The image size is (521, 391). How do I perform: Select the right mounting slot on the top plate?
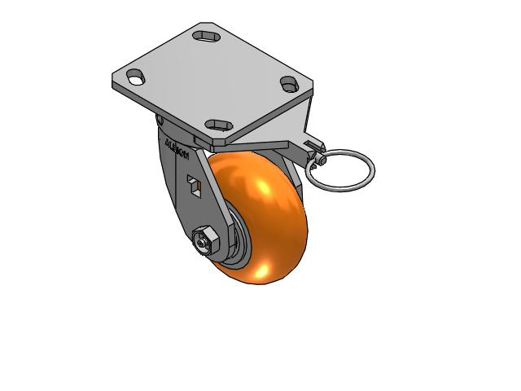[x=288, y=83]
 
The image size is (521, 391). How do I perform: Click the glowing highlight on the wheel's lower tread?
[x=265, y=270]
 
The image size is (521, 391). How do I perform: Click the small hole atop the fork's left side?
[x=160, y=121]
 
